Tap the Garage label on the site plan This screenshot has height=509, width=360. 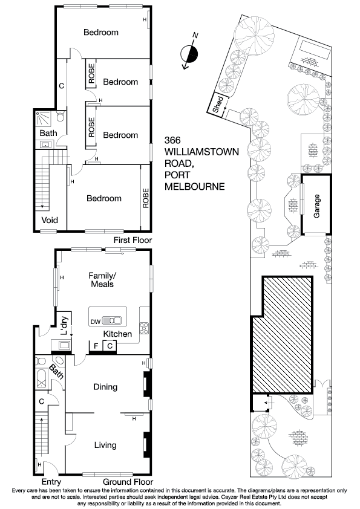[x=316, y=206]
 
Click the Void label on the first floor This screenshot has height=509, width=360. [x=49, y=220]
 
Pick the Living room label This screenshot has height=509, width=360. [x=105, y=446]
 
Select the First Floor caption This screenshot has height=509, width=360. [x=133, y=240]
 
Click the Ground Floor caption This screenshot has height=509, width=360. [x=126, y=482]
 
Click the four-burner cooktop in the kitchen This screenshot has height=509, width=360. [x=145, y=329]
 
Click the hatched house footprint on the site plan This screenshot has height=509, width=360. [x=282, y=336]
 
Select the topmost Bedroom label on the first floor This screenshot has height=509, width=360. [x=100, y=33]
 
